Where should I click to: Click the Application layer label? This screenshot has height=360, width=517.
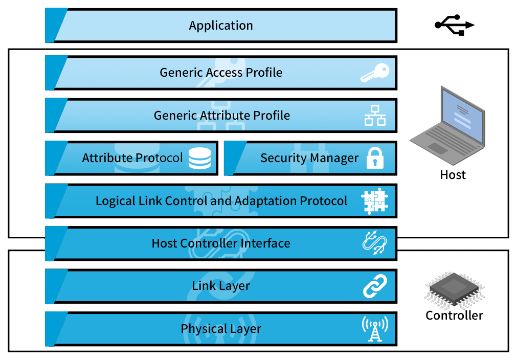tap(221, 26)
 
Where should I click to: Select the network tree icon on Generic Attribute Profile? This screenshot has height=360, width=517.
tap(375, 116)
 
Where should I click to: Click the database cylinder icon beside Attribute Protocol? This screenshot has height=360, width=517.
tap(199, 159)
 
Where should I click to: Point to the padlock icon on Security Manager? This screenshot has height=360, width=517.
tap(375, 159)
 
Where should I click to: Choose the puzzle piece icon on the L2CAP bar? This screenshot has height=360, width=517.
tap(375, 201)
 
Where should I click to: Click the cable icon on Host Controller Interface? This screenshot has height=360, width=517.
tap(375, 243)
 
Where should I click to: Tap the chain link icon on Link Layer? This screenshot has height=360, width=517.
tap(375, 286)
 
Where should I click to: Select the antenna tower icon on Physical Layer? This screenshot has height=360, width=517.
tap(375, 328)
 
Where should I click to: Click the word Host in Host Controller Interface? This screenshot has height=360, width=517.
tap(164, 243)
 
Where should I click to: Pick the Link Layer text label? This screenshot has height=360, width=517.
tap(221, 286)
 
